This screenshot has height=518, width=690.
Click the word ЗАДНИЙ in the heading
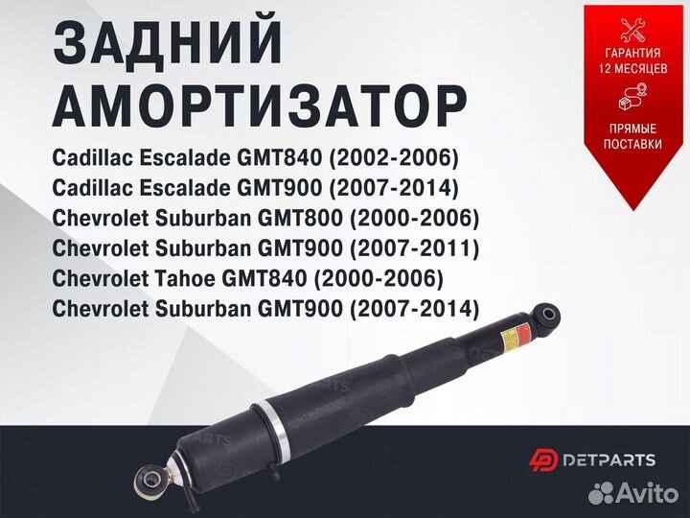(168, 43)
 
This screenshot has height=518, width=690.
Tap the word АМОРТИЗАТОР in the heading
(260, 106)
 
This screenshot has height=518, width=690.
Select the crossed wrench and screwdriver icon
(632, 30)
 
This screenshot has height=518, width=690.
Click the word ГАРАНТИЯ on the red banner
(632, 53)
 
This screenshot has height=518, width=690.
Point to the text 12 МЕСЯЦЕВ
(632, 69)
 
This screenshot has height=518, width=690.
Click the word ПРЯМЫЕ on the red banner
(632, 129)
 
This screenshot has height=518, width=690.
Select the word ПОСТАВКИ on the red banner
(632, 144)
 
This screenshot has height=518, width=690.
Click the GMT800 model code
(300, 218)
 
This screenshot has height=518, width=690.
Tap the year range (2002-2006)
(394, 157)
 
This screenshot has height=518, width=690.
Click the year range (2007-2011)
(414, 248)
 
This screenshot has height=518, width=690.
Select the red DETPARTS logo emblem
(543, 460)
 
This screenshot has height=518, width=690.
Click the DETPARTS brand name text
(609, 460)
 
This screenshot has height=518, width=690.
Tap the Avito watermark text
(647, 492)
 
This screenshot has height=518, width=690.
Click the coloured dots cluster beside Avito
(601, 493)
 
